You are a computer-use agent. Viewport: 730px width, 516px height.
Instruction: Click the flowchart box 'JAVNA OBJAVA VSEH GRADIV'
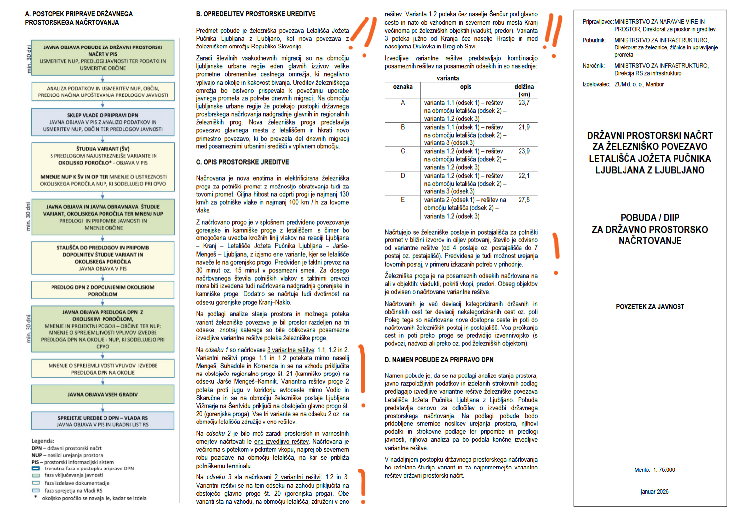(103, 394)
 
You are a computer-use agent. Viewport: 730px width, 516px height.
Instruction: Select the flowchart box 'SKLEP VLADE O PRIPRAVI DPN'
(103, 122)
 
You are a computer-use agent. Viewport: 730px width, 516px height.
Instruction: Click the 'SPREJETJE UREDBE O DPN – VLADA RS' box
(103, 421)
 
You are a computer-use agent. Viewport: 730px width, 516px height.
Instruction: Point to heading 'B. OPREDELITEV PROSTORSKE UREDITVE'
(256, 14)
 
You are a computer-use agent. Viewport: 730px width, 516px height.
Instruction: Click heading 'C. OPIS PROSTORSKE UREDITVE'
(242, 162)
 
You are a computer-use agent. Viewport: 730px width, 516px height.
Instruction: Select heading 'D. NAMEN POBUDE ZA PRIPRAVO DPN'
(439, 360)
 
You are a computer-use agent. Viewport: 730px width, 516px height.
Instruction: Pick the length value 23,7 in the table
(524, 103)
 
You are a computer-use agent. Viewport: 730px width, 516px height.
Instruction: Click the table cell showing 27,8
(524, 200)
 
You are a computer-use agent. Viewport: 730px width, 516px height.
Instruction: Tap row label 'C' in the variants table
(403, 151)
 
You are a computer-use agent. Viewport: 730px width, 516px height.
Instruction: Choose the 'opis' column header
(466, 87)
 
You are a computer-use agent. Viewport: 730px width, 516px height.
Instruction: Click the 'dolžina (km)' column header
(524, 90)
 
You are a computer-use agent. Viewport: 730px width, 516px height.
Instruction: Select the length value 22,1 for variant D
(524, 176)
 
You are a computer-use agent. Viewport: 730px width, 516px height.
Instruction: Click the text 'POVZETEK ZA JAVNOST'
(650, 307)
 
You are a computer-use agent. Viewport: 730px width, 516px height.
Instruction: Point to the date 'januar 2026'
(654, 492)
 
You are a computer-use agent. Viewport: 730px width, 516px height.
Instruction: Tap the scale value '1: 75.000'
(663, 470)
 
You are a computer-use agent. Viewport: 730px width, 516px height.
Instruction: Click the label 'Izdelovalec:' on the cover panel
(595, 84)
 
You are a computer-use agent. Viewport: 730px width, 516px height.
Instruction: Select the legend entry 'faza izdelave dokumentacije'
(77, 483)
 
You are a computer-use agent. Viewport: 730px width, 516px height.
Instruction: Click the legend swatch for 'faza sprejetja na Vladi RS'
(36, 491)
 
